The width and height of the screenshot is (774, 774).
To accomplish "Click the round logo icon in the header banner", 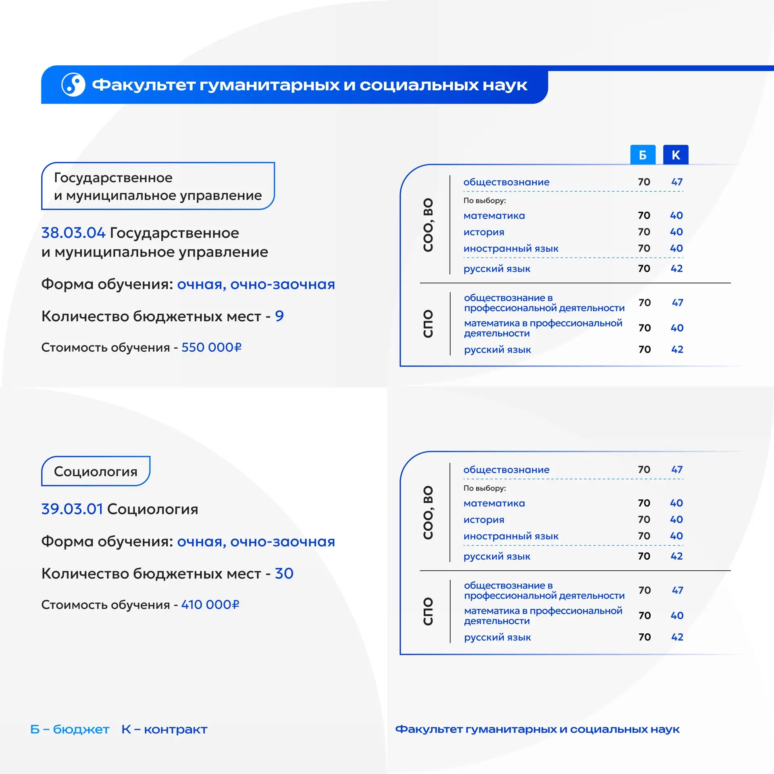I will coord(73,85).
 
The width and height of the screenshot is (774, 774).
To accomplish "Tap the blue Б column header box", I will coord(643,155).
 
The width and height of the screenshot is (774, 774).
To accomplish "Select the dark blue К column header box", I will coord(676,155).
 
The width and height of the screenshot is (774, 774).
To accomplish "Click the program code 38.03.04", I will coord(73,233).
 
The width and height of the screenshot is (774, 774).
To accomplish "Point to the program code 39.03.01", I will coord(72,509).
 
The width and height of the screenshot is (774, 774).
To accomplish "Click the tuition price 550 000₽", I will coord(211,347).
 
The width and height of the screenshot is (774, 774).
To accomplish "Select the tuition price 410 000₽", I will coord(210,605).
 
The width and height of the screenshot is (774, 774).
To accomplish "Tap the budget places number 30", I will coord(284,574).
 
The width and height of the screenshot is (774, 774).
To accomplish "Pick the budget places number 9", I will coord(279,316).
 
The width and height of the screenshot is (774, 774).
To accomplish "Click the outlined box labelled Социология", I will coord(96,471).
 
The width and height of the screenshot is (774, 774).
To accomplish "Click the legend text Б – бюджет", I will coord(70,729).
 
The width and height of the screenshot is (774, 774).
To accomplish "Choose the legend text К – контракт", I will coord(164,729).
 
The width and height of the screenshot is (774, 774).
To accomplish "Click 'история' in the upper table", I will coord(484,232).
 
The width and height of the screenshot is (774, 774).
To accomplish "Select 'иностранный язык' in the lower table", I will coord(511,536).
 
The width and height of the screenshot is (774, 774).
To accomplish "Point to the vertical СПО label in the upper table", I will coord(428,324).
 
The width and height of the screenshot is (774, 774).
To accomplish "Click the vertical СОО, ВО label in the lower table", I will coord(428,512).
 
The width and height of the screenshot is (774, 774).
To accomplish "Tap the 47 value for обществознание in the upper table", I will coord(677,182).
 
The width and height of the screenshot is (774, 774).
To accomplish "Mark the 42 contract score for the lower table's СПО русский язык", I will coord(677,637).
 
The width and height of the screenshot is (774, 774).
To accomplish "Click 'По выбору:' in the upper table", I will coord(485,200).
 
